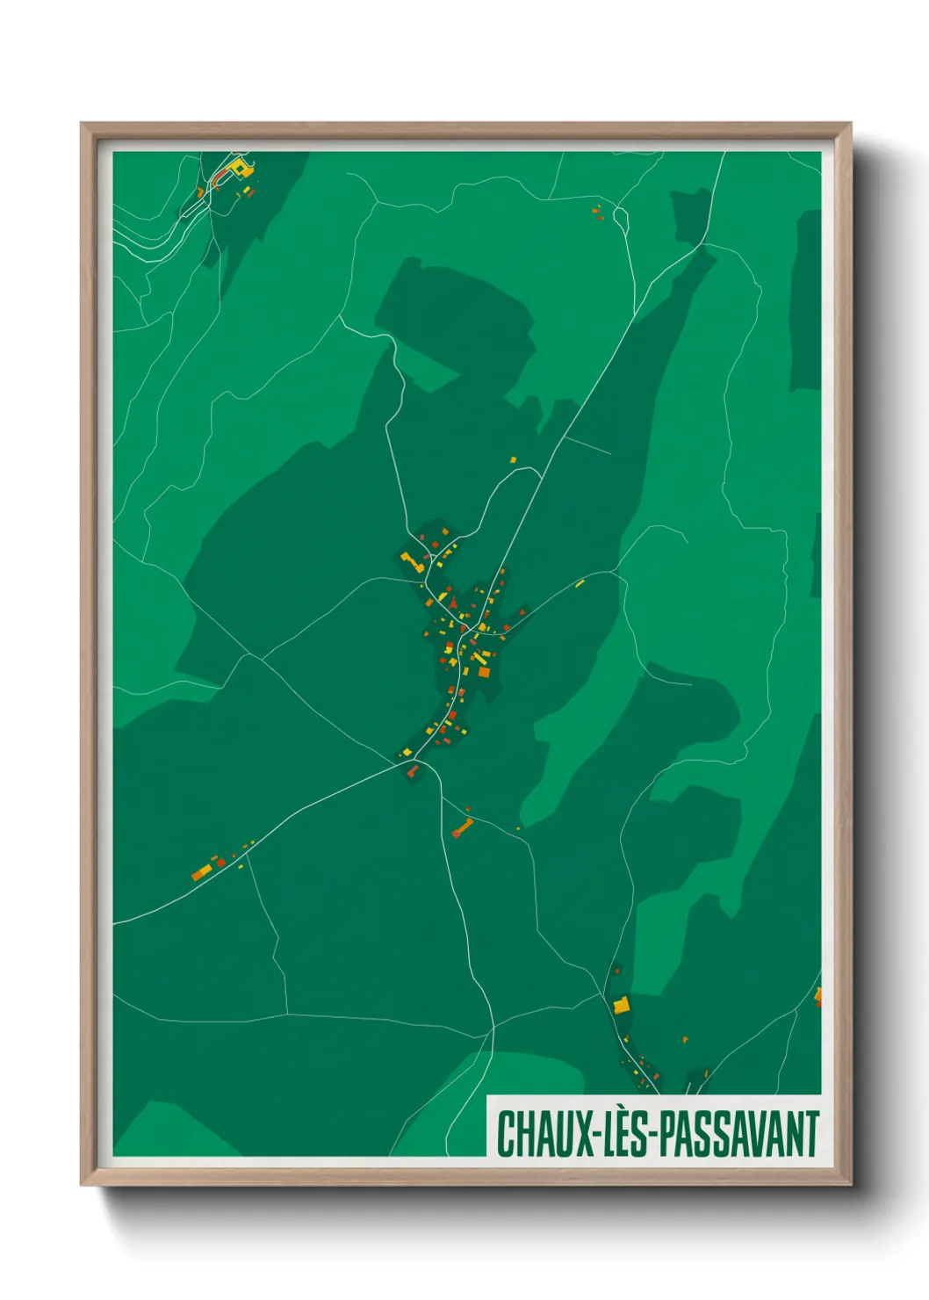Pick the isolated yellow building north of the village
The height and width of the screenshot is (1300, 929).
tap(514, 459)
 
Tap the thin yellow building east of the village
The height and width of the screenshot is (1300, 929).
tap(580, 583)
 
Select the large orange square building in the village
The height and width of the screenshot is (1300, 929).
tap(483, 672)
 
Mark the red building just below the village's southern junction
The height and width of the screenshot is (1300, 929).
tap(412, 771)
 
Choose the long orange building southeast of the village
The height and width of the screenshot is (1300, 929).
tap(462, 827)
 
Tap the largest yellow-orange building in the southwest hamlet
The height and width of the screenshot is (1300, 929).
tap(202, 872)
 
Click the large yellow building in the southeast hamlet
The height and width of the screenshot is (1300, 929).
tap(622, 1005)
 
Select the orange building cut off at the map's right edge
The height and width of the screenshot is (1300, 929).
tap(818, 996)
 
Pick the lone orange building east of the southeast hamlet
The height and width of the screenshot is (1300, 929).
tap(685, 1040)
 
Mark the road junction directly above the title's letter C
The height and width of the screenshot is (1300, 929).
tap(493, 1025)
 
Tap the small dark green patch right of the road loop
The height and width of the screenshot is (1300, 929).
tap(690, 215)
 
